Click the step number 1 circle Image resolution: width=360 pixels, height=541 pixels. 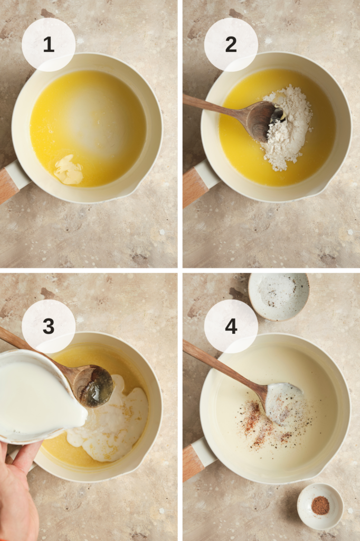[x=48, y=45]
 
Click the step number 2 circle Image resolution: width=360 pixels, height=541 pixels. [x=231, y=45]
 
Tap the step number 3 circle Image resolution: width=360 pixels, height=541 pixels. [x=48, y=326]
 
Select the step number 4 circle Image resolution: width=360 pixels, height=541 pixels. [x=231, y=326]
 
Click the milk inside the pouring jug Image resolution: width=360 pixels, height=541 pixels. [x=37, y=402]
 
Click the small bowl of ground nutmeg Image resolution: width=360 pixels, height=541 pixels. [x=320, y=506]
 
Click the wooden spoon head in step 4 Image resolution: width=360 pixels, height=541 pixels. [x=283, y=403]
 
